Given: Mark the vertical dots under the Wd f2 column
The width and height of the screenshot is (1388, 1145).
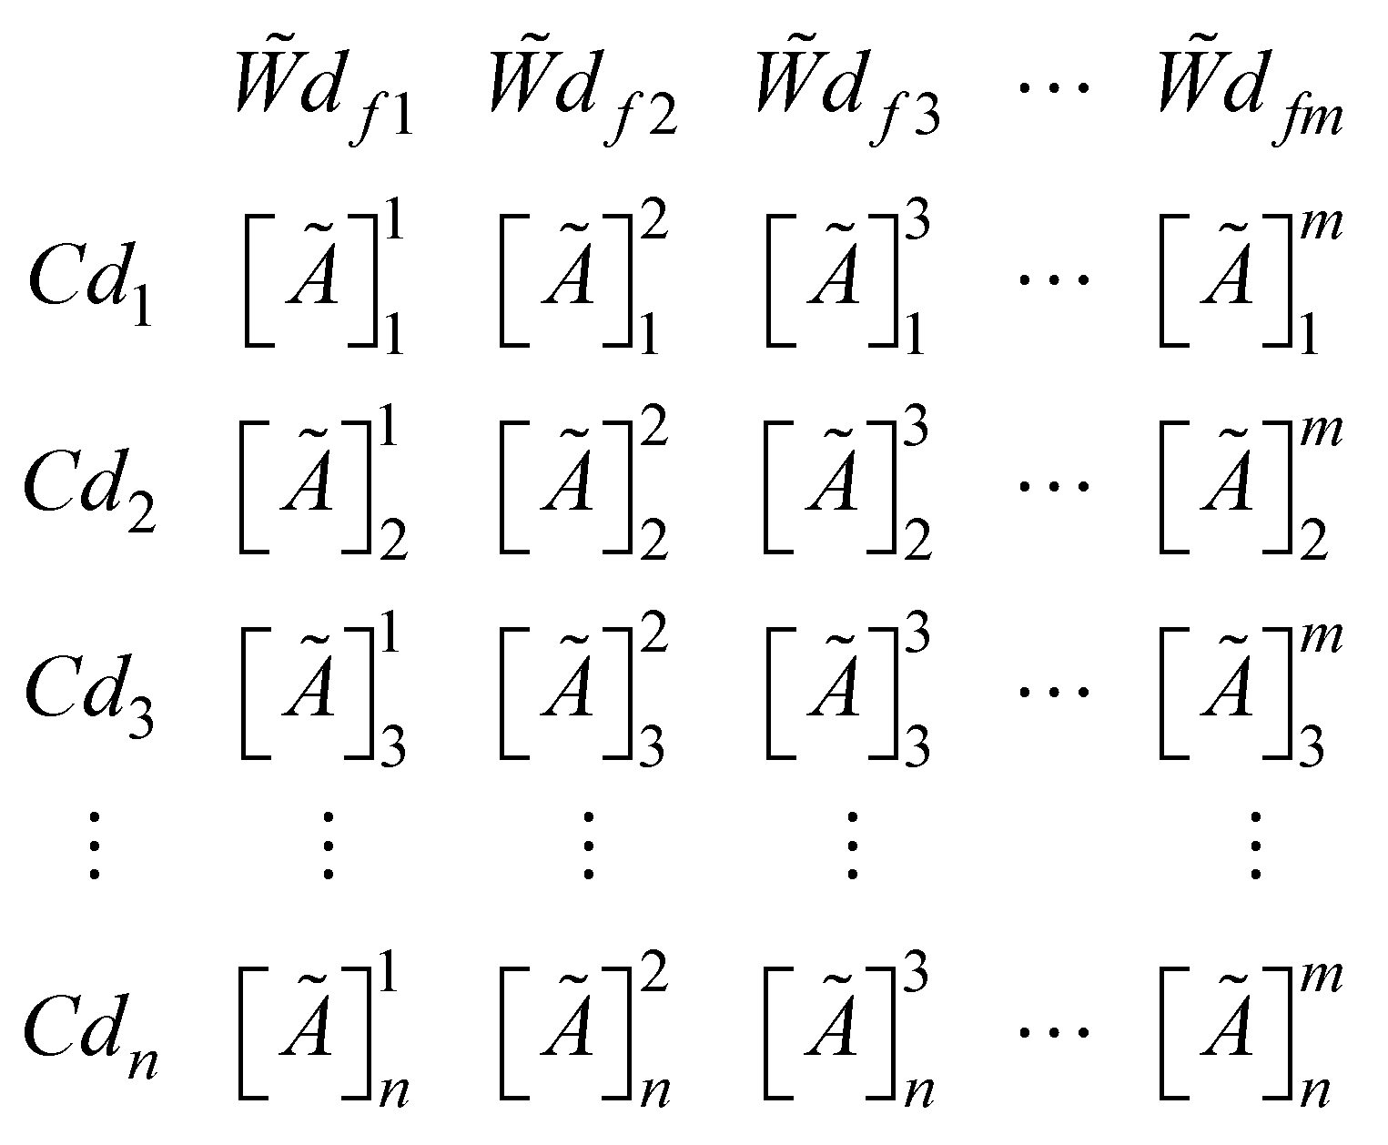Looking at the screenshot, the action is [x=589, y=846].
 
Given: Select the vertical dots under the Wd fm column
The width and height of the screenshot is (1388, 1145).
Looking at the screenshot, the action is [x=1255, y=846].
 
